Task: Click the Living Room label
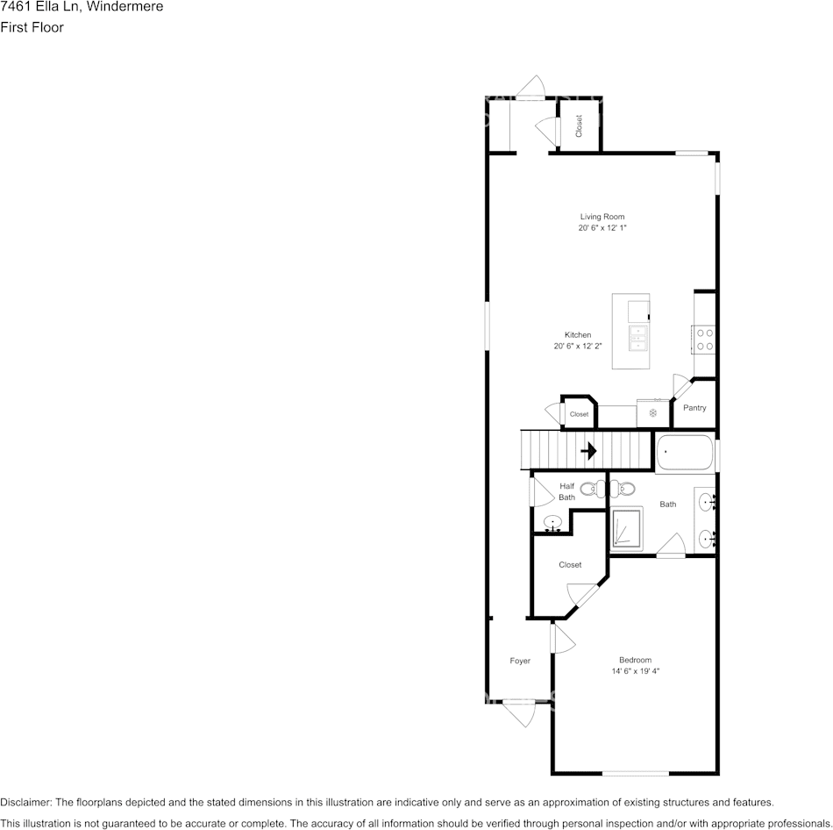pyautogui.click(x=602, y=216)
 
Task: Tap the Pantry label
pyautogui.click(x=694, y=408)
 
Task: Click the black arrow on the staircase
pyautogui.click(x=588, y=451)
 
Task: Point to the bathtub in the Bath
pyautogui.click(x=684, y=454)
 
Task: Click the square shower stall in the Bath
pyautogui.click(x=627, y=529)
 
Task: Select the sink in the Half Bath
pyautogui.click(x=553, y=524)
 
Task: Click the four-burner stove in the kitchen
pyautogui.click(x=704, y=339)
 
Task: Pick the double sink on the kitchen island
pyautogui.click(x=637, y=338)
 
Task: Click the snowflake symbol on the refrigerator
pyautogui.click(x=652, y=412)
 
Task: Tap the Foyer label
pyautogui.click(x=520, y=661)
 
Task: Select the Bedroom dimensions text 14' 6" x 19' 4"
pyautogui.click(x=635, y=671)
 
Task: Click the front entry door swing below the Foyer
pyautogui.click(x=520, y=712)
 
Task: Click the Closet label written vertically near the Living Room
pyautogui.click(x=579, y=126)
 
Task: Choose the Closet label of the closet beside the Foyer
pyautogui.click(x=570, y=565)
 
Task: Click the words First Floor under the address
pyautogui.click(x=32, y=27)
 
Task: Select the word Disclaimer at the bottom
pyautogui.click(x=25, y=802)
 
